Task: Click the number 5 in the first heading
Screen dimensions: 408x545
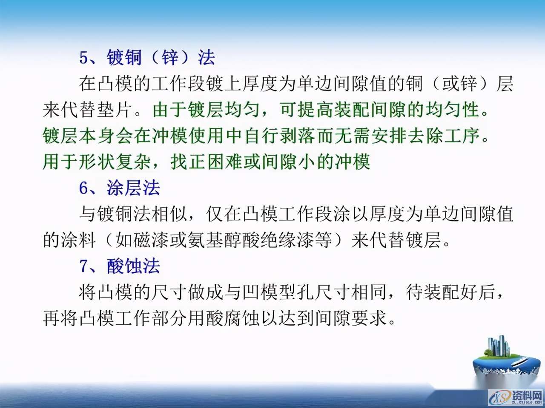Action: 84,57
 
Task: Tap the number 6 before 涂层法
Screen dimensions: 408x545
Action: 84,188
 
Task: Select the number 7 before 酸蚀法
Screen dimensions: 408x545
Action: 84,266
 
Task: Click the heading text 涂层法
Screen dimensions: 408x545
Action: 133,188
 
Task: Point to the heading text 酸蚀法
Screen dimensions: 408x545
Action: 133,266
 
